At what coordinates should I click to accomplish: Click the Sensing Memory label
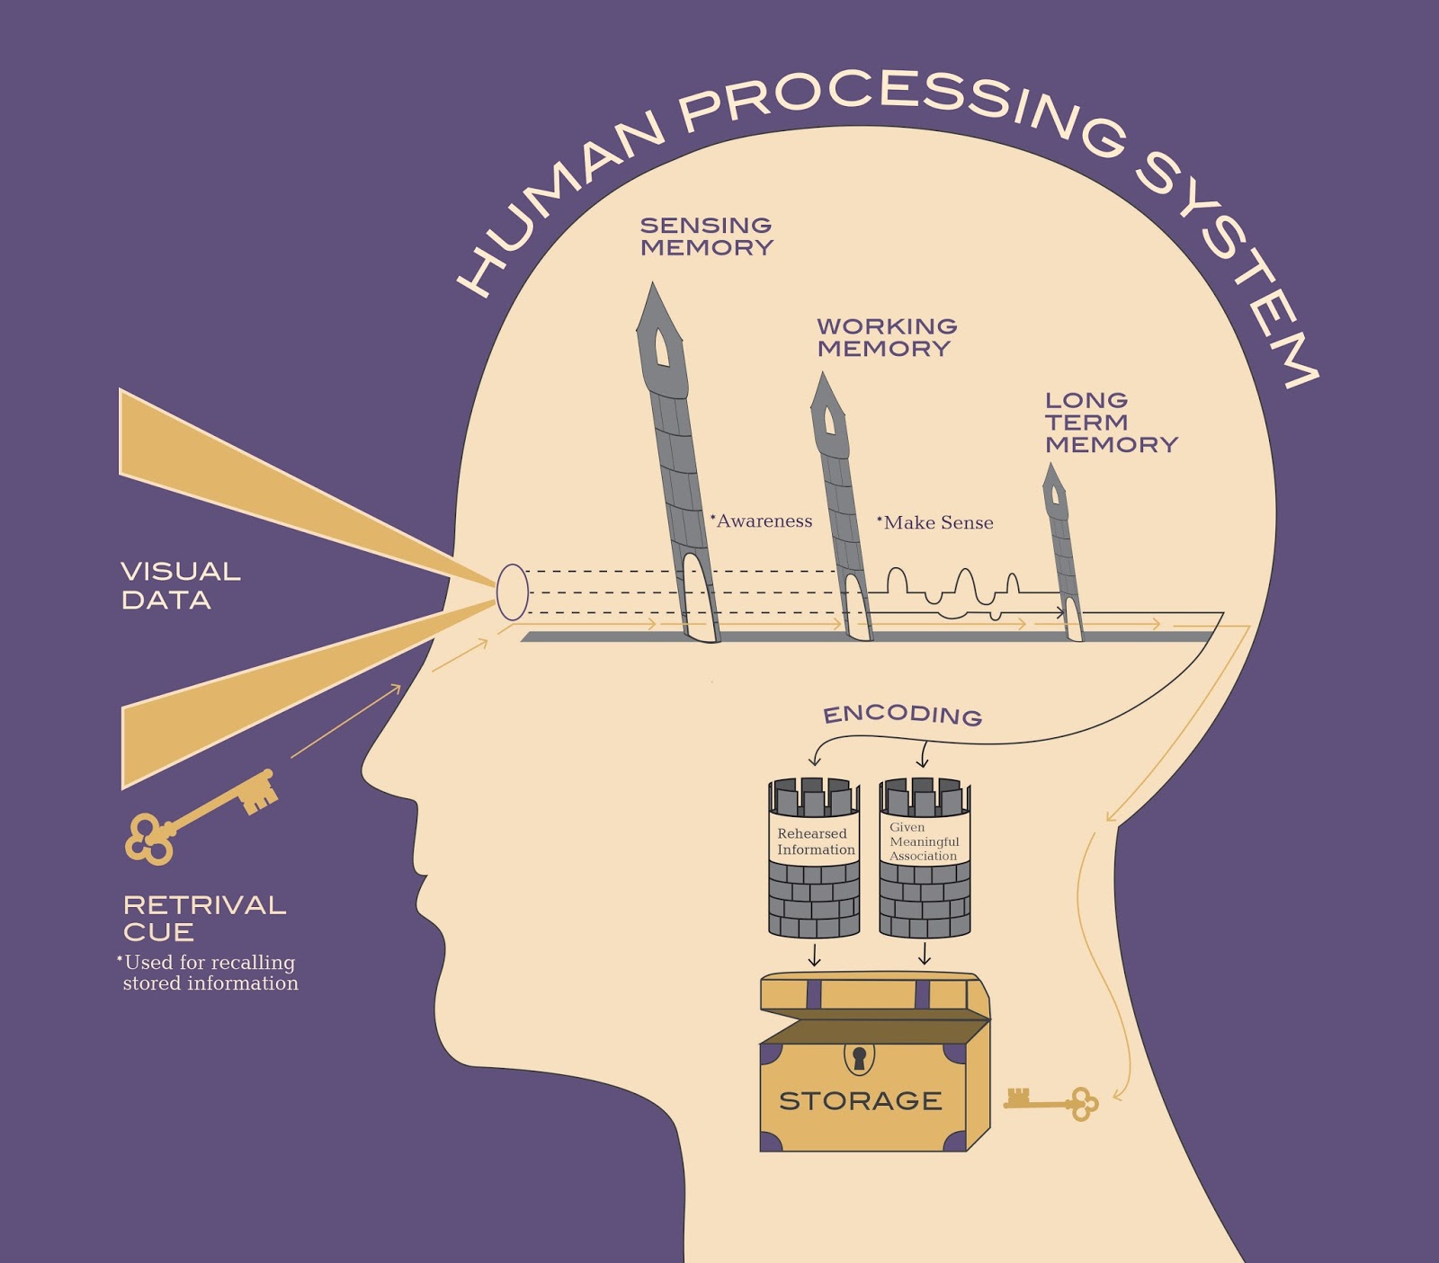(706, 236)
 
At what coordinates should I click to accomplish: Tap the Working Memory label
(886, 337)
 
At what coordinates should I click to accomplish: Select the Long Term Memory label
(1110, 422)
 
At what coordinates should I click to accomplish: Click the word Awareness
(764, 521)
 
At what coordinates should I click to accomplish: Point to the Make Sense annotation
(937, 523)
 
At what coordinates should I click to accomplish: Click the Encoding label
(902, 715)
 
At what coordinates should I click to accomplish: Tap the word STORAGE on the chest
(860, 1101)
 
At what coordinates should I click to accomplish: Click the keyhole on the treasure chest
(859, 1058)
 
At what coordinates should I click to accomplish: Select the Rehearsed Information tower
(814, 858)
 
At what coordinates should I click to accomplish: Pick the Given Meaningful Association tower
(925, 858)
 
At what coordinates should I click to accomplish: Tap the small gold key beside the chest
(1051, 1101)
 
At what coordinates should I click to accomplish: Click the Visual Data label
(180, 585)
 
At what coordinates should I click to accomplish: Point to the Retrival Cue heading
(204, 918)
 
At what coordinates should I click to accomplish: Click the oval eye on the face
(512, 592)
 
